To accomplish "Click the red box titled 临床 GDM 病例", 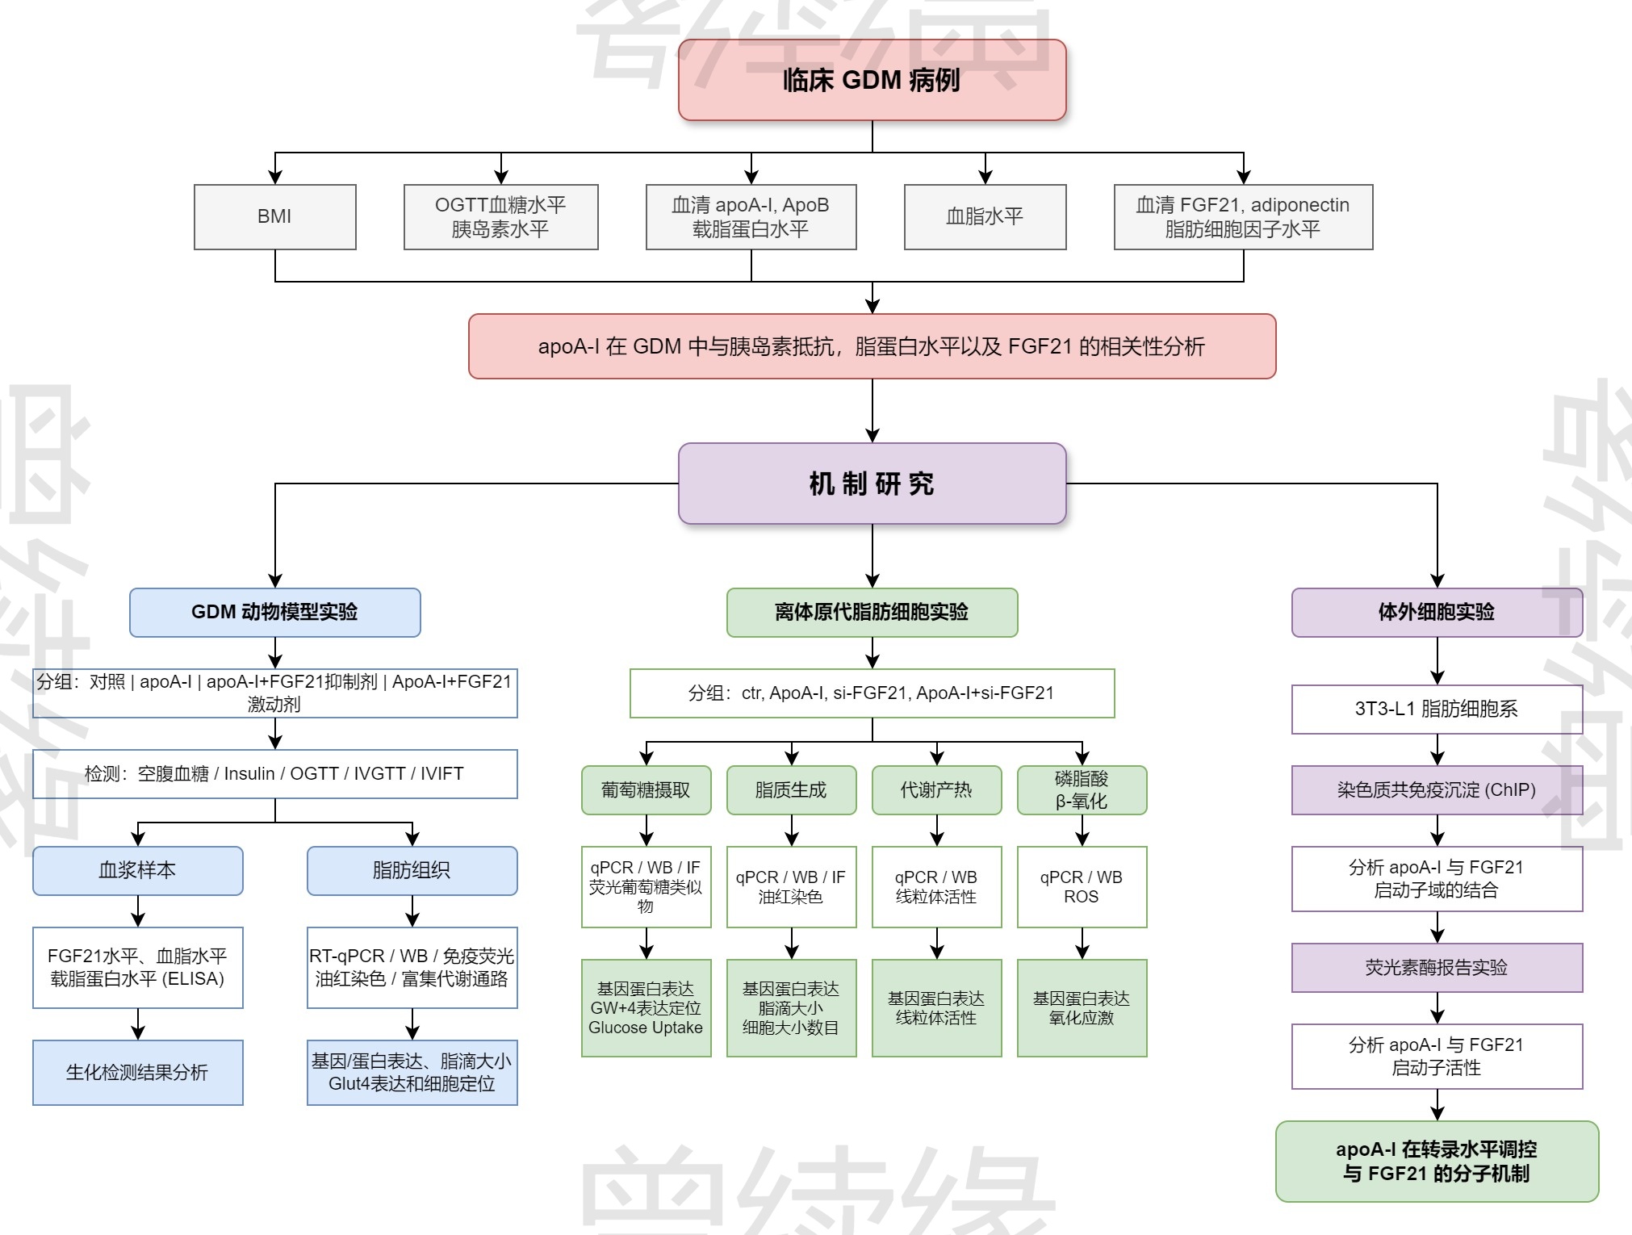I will tap(872, 80).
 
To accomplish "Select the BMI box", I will tap(274, 216).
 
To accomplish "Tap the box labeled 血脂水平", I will tap(985, 216).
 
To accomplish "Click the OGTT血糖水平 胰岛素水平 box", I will tap(500, 216).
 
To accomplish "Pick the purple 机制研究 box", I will tap(872, 484).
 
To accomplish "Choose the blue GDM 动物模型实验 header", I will tap(274, 612).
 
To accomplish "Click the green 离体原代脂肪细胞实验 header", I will tap(872, 612).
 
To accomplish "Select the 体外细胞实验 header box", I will tap(1437, 612).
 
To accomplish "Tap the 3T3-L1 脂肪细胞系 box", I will tap(1437, 709).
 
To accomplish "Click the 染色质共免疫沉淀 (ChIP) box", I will tap(1437, 789).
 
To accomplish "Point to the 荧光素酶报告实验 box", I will tap(1437, 967).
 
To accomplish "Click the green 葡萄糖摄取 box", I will tap(646, 789).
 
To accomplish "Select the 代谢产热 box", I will tap(936, 789).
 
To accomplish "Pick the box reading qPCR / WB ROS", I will tap(1082, 886).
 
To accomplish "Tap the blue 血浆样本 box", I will tap(137, 870).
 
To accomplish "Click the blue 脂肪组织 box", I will tap(412, 870).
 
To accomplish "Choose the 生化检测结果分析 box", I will tap(137, 1072).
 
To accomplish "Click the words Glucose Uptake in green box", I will tap(646, 1028).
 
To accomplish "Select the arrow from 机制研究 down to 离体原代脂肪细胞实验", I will tap(872, 557).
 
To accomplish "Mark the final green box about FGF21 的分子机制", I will tap(1437, 1161).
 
